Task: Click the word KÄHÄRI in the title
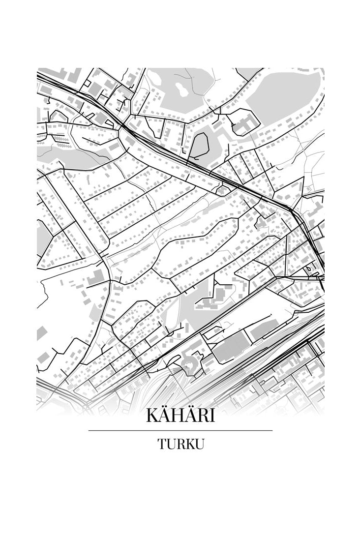tap(180, 416)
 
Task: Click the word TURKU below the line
tap(180, 444)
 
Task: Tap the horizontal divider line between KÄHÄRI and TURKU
tap(180, 431)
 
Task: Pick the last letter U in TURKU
tap(199, 444)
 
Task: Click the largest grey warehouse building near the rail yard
tap(230, 347)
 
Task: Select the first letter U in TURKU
tap(170, 444)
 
